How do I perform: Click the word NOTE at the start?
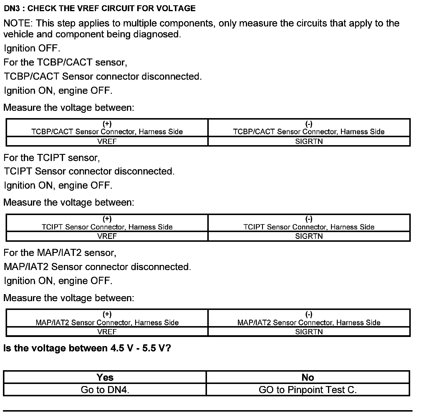tap(17, 24)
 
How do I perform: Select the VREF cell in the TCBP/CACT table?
tap(107, 141)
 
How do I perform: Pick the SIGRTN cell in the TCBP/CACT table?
tap(309, 141)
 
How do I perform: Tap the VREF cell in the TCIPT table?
tap(107, 236)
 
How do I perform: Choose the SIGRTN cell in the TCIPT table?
tap(309, 236)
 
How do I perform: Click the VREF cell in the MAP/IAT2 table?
tap(107, 332)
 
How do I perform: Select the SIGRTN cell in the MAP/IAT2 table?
tap(309, 332)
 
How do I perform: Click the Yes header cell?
tap(105, 377)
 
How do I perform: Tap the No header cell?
tap(308, 377)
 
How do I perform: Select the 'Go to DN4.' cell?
tap(105, 390)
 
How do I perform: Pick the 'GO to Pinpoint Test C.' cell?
tap(308, 390)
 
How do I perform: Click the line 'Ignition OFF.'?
tap(32, 48)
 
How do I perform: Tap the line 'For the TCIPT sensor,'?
tap(52, 158)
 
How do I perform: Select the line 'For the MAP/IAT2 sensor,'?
tap(60, 253)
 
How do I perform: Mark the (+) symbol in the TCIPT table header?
tap(107, 219)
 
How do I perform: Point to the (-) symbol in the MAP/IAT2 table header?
tap(309, 315)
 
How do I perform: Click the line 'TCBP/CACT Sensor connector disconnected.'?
tap(103, 77)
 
